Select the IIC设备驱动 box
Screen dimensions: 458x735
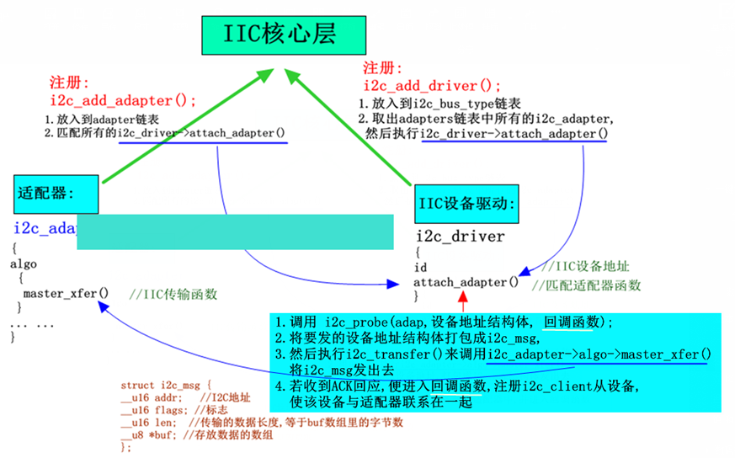coord(466,204)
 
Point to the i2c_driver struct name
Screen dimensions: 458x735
coord(461,236)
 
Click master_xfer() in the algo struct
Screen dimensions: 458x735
coord(67,294)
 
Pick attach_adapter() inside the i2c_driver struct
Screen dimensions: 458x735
coord(466,282)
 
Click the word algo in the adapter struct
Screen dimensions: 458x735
coord(23,264)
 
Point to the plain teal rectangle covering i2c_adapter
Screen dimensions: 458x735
coord(235,232)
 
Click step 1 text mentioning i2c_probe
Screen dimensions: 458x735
coord(446,322)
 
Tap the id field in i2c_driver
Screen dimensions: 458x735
coord(421,267)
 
